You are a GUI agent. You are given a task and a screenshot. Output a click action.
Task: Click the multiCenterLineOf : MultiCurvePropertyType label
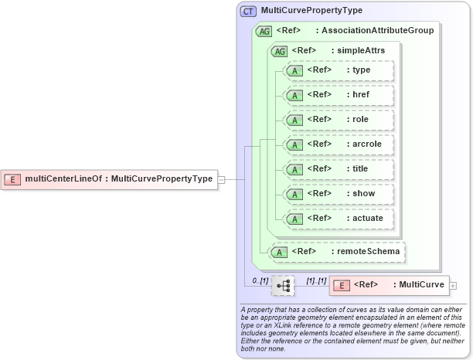pos(118,179)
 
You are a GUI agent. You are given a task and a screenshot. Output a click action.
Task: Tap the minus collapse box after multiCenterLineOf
pos(222,179)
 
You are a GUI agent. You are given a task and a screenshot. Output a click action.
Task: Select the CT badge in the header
pos(248,12)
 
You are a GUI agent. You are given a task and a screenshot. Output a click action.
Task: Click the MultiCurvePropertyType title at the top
pos(311,12)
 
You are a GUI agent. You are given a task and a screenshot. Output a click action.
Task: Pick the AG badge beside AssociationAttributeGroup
pos(264,31)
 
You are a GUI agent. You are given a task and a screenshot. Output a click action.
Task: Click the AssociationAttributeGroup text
pos(378,31)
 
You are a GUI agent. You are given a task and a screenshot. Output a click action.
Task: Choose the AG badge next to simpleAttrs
pos(278,50)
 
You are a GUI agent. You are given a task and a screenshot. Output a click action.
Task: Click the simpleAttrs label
pos(358,50)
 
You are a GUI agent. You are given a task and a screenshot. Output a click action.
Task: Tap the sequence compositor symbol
pos(283,285)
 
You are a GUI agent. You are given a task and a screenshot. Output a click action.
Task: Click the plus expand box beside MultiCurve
pos(452,285)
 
